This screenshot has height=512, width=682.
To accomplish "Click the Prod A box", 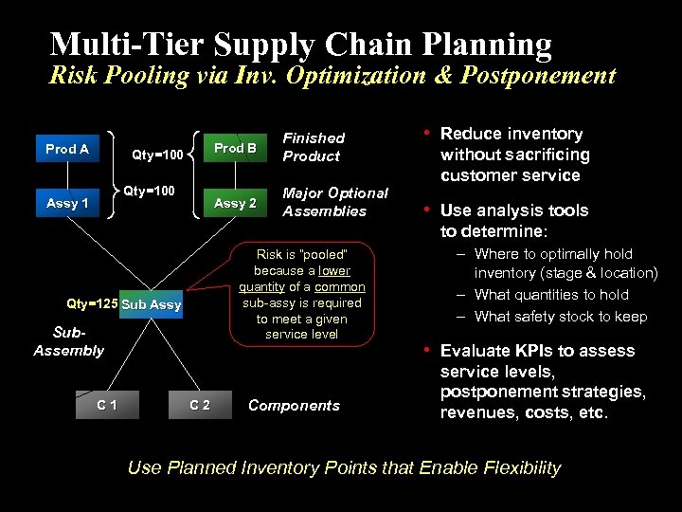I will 66,149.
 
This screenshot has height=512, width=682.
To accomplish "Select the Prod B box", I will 235,148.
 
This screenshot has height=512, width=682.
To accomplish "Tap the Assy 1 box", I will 67,203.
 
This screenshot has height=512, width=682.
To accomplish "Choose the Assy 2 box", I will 235,203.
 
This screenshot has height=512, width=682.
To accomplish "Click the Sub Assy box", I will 152,304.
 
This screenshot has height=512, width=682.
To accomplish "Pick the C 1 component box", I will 107,406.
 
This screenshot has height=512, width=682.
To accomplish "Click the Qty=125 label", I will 92,304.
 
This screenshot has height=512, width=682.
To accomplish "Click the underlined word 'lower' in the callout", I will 333,271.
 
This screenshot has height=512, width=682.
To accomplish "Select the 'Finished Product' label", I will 314,147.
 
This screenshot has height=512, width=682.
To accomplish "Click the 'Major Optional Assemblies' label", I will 335,202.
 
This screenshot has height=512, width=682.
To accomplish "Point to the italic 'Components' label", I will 294,406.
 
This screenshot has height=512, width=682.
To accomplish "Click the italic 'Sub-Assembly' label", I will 68,342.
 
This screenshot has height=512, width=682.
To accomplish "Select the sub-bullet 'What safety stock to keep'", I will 560,317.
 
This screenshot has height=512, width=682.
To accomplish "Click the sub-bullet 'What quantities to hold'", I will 551,295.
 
